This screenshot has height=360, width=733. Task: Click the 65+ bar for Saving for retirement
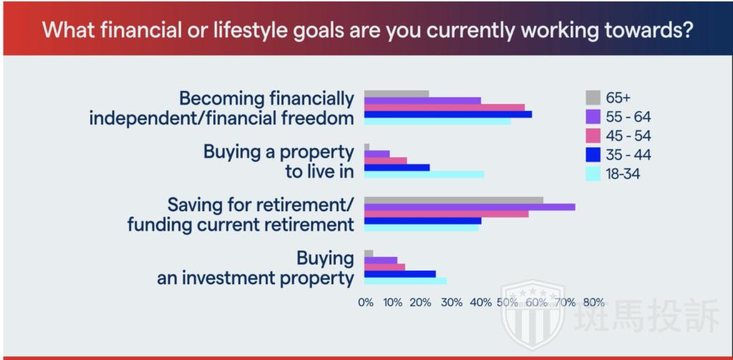pos(453,200)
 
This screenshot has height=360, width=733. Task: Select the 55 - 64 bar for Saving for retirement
pos(470,207)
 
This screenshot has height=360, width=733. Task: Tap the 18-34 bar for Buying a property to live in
pos(424,175)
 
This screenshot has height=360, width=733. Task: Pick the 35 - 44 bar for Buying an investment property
pos(399,274)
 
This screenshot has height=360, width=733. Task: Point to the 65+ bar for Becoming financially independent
pos(397,94)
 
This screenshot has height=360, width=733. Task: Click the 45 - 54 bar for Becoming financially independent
pos(444,107)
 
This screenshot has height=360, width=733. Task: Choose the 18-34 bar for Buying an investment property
pos(405,281)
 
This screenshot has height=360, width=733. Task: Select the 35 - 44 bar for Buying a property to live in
pos(397,167)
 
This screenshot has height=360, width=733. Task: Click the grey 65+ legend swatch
pos(593,98)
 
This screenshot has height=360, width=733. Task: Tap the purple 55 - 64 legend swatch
pos(593,117)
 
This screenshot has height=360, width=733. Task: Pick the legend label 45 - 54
pos(628,136)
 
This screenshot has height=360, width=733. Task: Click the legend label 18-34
pos(623,175)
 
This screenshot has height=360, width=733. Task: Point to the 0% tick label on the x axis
pos(366,302)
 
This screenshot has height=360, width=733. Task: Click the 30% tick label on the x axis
pos(452,302)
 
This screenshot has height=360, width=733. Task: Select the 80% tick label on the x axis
pos(594,302)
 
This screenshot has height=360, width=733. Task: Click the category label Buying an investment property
pos(256,268)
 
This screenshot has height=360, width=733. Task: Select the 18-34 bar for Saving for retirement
pos(421,228)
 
